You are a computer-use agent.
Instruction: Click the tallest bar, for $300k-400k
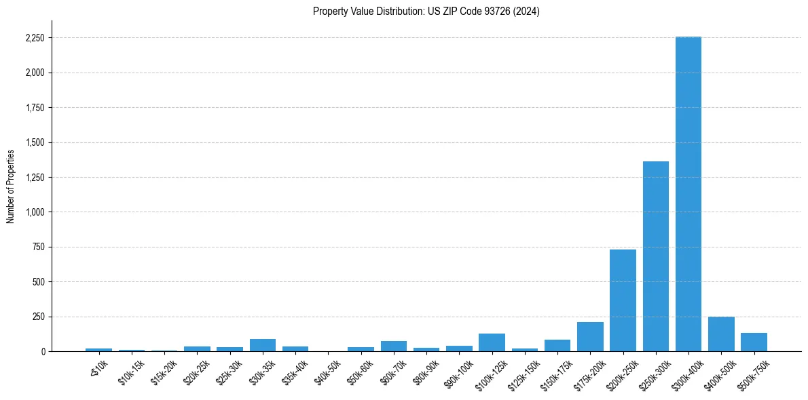[688, 194]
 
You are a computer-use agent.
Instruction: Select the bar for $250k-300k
[656, 256]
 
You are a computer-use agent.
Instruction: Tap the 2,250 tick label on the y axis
[34, 38]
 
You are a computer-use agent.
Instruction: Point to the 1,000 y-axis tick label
[34, 212]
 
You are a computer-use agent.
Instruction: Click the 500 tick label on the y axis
[39, 282]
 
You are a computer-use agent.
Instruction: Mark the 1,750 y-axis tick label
[34, 108]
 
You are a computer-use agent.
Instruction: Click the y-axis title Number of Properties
[11, 186]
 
